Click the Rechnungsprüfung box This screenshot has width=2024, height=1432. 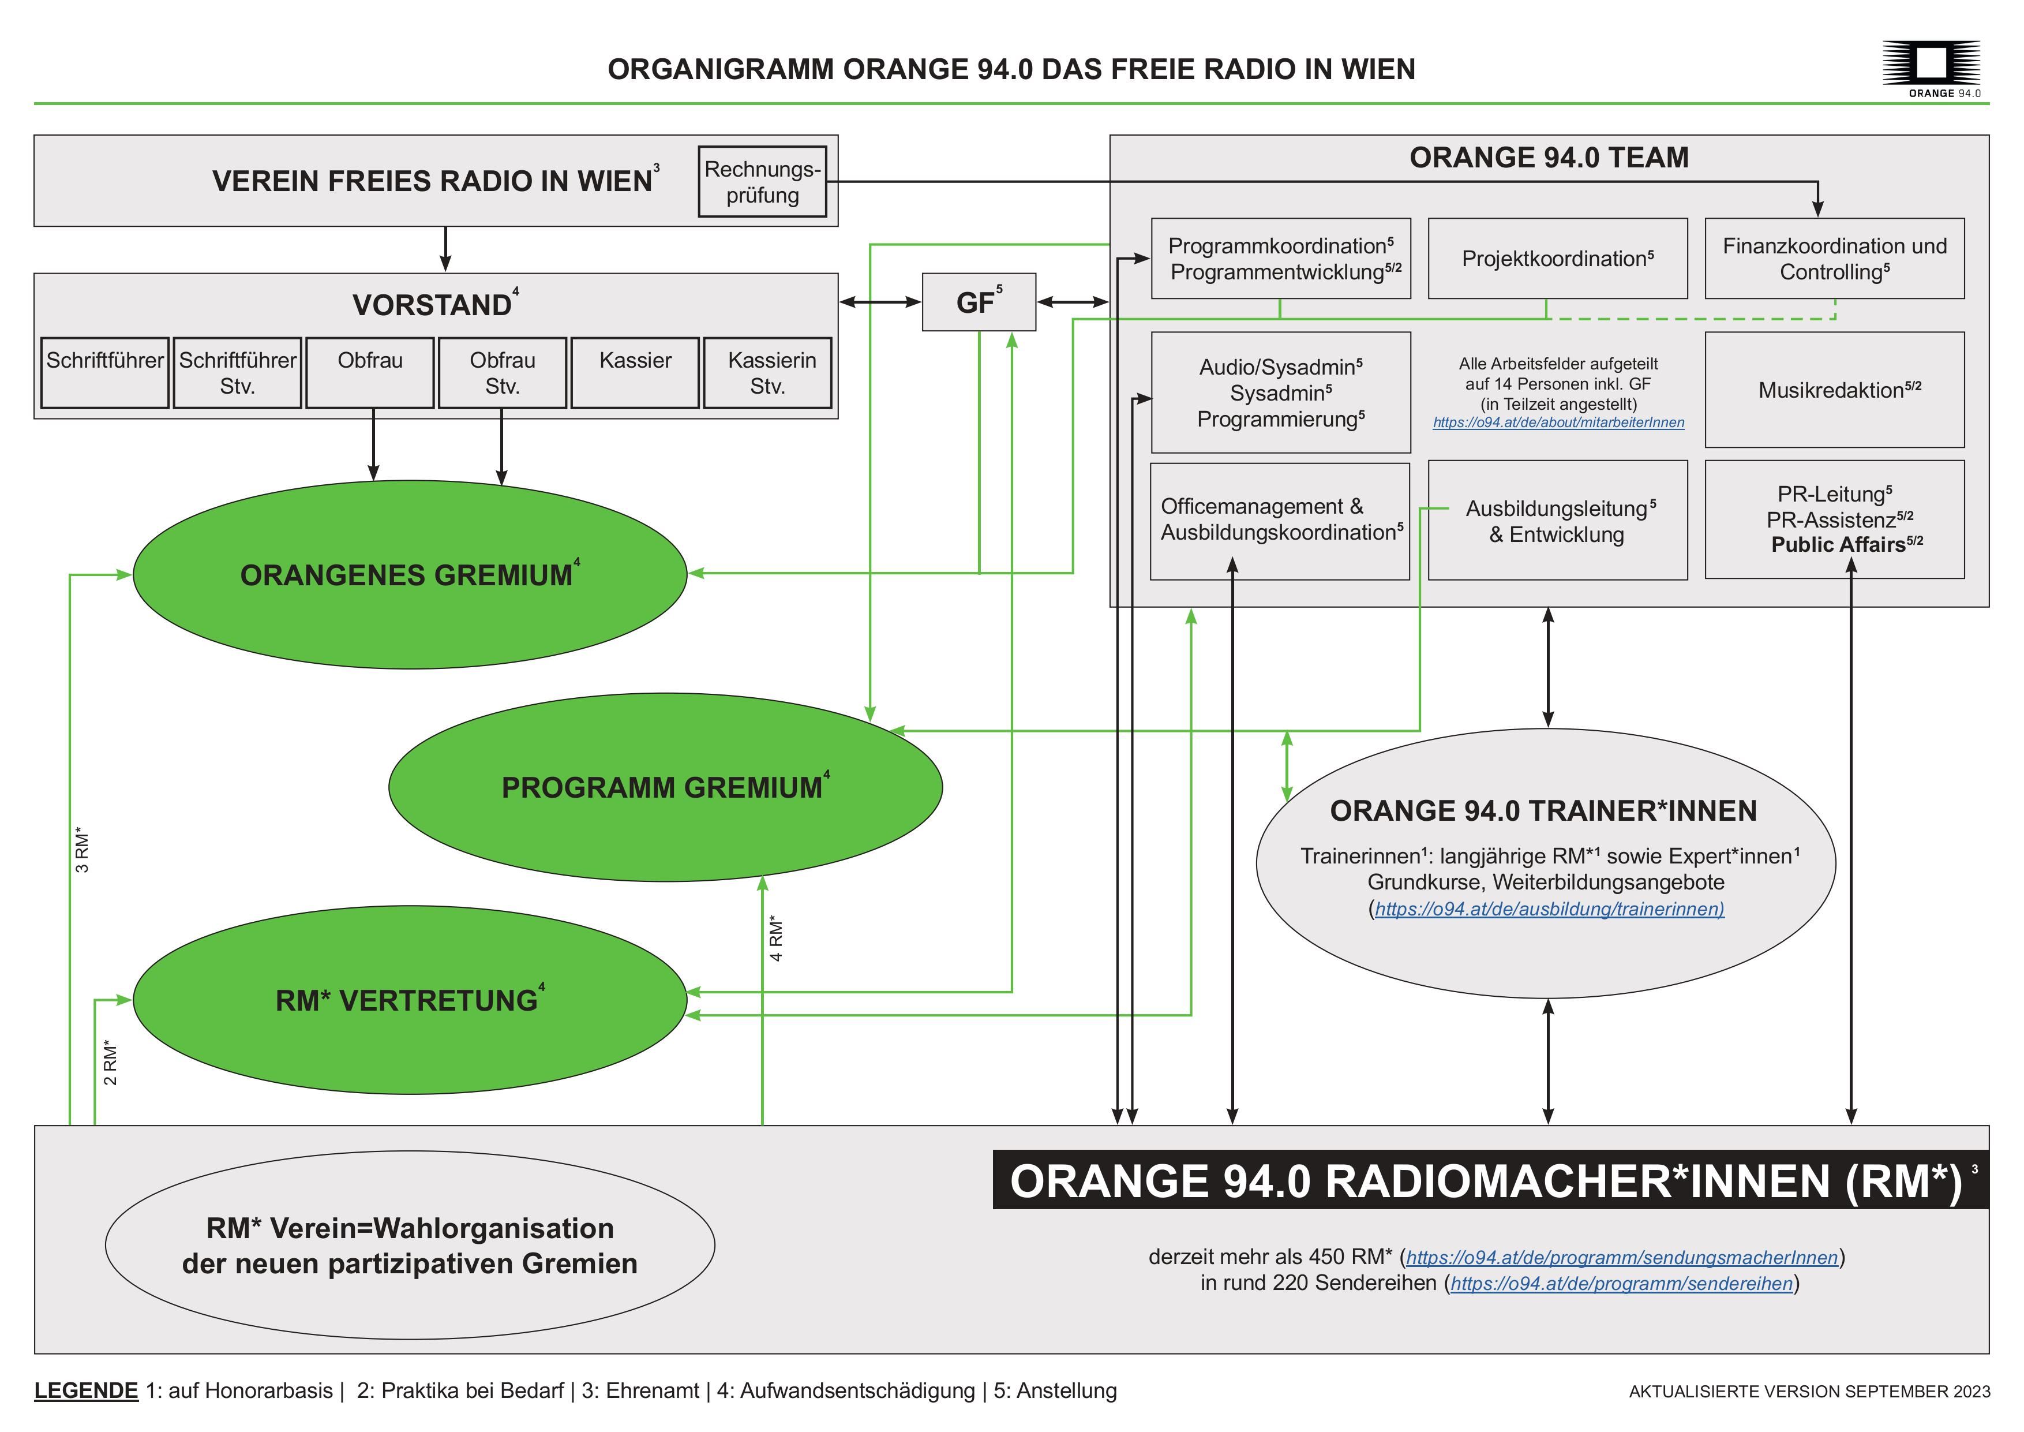[762, 182]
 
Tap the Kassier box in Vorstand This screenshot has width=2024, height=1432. [635, 372]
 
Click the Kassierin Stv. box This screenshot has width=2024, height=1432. [767, 372]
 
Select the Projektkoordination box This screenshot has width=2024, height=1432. [1557, 259]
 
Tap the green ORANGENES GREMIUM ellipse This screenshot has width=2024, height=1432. [409, 575]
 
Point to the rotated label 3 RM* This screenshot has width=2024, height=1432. [82, 850]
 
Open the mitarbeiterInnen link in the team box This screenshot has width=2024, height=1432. [1558, 423]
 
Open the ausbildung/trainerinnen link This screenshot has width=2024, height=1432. [1549, 909]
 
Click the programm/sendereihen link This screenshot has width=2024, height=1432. [1621, 1284]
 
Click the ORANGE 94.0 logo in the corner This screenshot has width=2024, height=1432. [1931, 69]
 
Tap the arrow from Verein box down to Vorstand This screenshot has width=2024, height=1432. [445, 249]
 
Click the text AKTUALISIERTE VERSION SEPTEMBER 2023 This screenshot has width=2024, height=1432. [1808, 1392]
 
